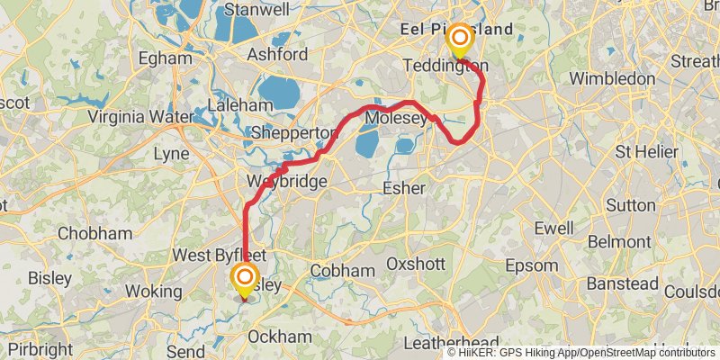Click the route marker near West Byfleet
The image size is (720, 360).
[244, 278]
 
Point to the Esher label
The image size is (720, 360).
[403, 188]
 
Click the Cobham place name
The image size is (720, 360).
[342, 270]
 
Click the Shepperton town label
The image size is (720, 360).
[293, 132]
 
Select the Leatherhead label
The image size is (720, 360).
[452, 343]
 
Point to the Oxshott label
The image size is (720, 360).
[416, 264]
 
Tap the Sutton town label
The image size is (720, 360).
[631, 204]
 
